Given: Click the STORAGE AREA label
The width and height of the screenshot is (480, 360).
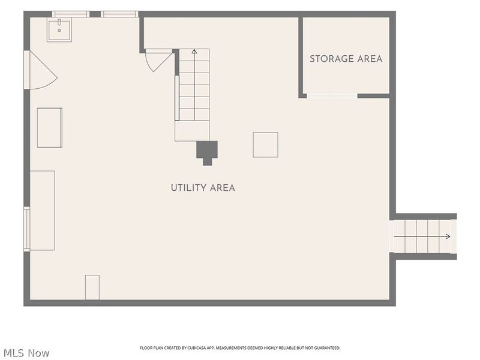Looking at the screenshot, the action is click(x=346, y=58).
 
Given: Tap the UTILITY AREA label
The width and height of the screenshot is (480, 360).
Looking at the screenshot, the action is click(x=203, y=188).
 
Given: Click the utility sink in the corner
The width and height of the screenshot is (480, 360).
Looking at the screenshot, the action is click(x=59, y=29).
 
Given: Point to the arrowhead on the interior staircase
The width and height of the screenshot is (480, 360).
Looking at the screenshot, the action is click(x=194, y=52).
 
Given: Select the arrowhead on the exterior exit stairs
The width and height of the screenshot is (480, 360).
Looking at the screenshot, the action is click(x=448, y=236).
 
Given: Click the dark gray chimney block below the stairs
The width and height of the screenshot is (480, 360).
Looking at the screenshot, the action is click(x=207, y=152).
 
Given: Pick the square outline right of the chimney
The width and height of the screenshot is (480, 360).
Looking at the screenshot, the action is click(x=265, y=145).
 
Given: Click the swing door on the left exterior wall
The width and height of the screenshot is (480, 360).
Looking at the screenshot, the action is click(x=41, y=70).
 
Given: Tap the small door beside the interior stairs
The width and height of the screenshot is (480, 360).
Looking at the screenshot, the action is click(x=158, y=61).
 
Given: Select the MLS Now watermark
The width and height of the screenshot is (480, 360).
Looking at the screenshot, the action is click(x=26, y=353).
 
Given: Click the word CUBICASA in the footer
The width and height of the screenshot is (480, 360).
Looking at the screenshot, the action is click(x=196, y=348).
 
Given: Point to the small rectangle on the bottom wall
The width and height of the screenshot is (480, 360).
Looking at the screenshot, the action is click(x=92, y=287).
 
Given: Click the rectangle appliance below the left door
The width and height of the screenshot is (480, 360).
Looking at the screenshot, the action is click(x=50, y=127).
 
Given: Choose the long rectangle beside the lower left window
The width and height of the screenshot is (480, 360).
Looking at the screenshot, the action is click(x=42, y=211).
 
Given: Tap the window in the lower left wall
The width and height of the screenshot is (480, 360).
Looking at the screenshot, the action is click(x=27, y=229).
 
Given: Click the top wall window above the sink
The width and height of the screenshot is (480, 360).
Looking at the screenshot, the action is click(x=70, y=14).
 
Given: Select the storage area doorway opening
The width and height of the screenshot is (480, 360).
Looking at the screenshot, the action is click(x=332, y=96).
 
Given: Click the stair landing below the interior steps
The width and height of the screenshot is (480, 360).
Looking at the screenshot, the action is click(x=192, y=131).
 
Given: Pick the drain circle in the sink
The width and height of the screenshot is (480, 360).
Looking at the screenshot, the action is click(x=59, y=31).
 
